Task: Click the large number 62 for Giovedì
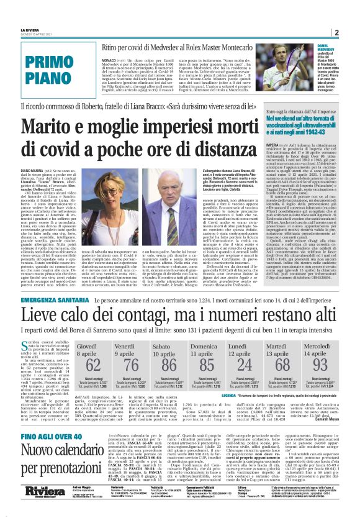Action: tap(92, 365)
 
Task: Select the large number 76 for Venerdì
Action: tap(131, 365)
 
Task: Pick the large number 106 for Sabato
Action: tap(169, 365)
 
